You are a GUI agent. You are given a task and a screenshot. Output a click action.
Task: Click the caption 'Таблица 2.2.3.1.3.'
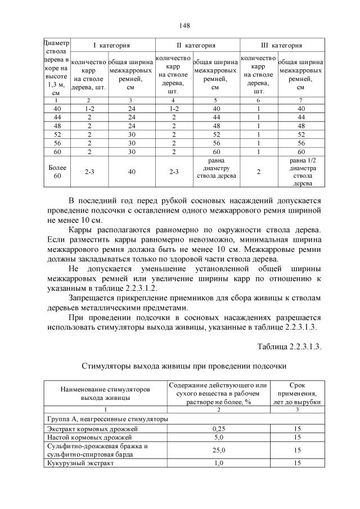point(289,346)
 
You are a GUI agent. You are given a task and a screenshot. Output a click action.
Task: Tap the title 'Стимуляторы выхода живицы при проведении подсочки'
point(184,366)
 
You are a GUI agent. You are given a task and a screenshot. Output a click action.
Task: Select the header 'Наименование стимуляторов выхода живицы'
point(105,393)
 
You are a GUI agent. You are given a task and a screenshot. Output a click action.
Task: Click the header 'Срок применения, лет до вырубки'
point(297,393)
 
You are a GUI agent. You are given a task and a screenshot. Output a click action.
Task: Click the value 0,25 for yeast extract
point(218,429)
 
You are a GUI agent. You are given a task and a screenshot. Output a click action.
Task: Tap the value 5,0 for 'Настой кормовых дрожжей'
point(218,437)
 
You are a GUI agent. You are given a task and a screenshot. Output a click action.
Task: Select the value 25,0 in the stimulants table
point(218,450)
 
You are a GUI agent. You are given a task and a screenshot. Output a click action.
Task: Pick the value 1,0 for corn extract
point(218,463)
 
